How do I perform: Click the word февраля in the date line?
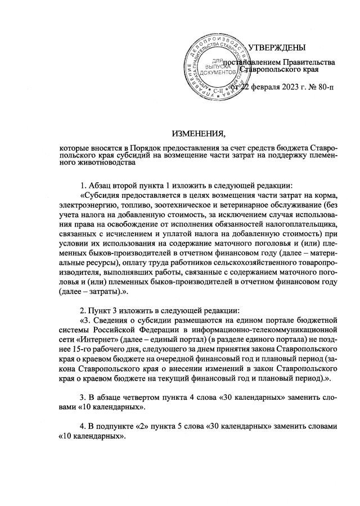(249, 87)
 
